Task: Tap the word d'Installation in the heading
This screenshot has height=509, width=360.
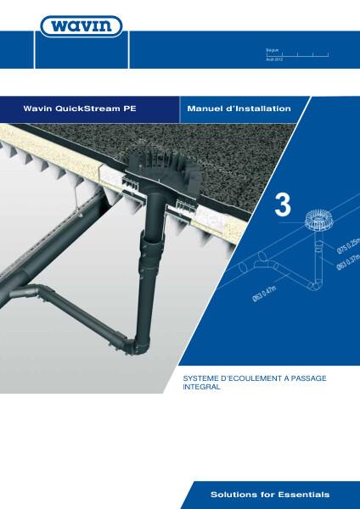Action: point(260,109)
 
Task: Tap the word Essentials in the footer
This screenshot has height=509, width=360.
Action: point(303,493)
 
